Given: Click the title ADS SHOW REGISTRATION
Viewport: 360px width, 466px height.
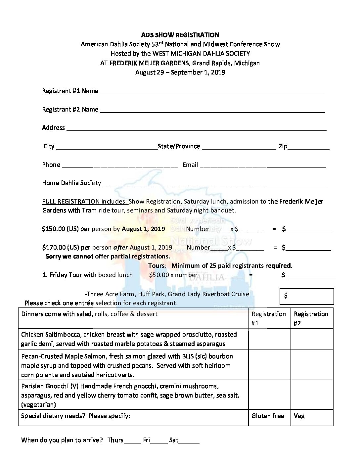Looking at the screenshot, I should tap(180, 35).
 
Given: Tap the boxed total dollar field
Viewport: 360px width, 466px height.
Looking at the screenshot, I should tap(307, 296).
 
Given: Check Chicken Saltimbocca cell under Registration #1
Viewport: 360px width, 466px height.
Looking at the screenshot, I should tap(269, 339).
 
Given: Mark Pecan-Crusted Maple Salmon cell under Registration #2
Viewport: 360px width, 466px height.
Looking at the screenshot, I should tap(312, 365).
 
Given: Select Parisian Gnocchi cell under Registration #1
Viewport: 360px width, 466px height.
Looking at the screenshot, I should tap(269, 395).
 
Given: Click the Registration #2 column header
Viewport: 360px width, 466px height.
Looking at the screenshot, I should tap(311, 318).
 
